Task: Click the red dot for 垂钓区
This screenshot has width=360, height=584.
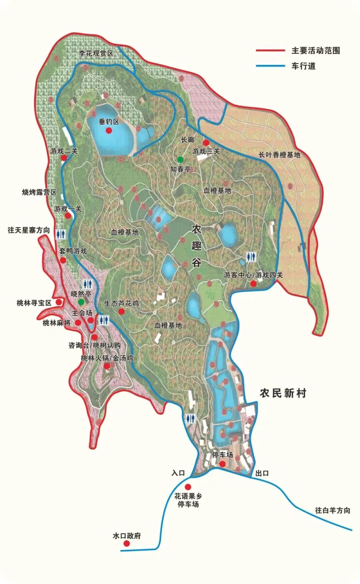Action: pos(109,131)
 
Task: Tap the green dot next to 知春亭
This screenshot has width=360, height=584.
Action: pos(180,159)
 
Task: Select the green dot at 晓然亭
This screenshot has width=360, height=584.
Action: pos(81,302)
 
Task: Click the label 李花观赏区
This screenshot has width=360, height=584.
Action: pos(96,53)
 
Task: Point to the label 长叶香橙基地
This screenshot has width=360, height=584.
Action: pos(279,155)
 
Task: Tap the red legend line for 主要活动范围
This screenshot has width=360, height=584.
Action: pos(270,50)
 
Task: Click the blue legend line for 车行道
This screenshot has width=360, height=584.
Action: pos(270,66)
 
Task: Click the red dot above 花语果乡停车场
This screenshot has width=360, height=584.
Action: pos(188,487)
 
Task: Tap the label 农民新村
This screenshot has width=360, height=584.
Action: pos(283,393)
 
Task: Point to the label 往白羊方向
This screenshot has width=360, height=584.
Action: pos(332,510)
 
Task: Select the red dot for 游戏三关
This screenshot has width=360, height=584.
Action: pos(206,142)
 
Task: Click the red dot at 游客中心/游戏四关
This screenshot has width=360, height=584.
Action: pos(253,283)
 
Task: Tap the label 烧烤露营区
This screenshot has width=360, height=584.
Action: pos(39,192)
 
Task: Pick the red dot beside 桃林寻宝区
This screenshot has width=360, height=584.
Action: pos(59,302)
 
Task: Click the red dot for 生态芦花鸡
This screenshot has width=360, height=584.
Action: pos(121,312)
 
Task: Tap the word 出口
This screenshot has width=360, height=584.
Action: pos(262,473)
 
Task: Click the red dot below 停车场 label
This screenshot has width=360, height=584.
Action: pos(222,464)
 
